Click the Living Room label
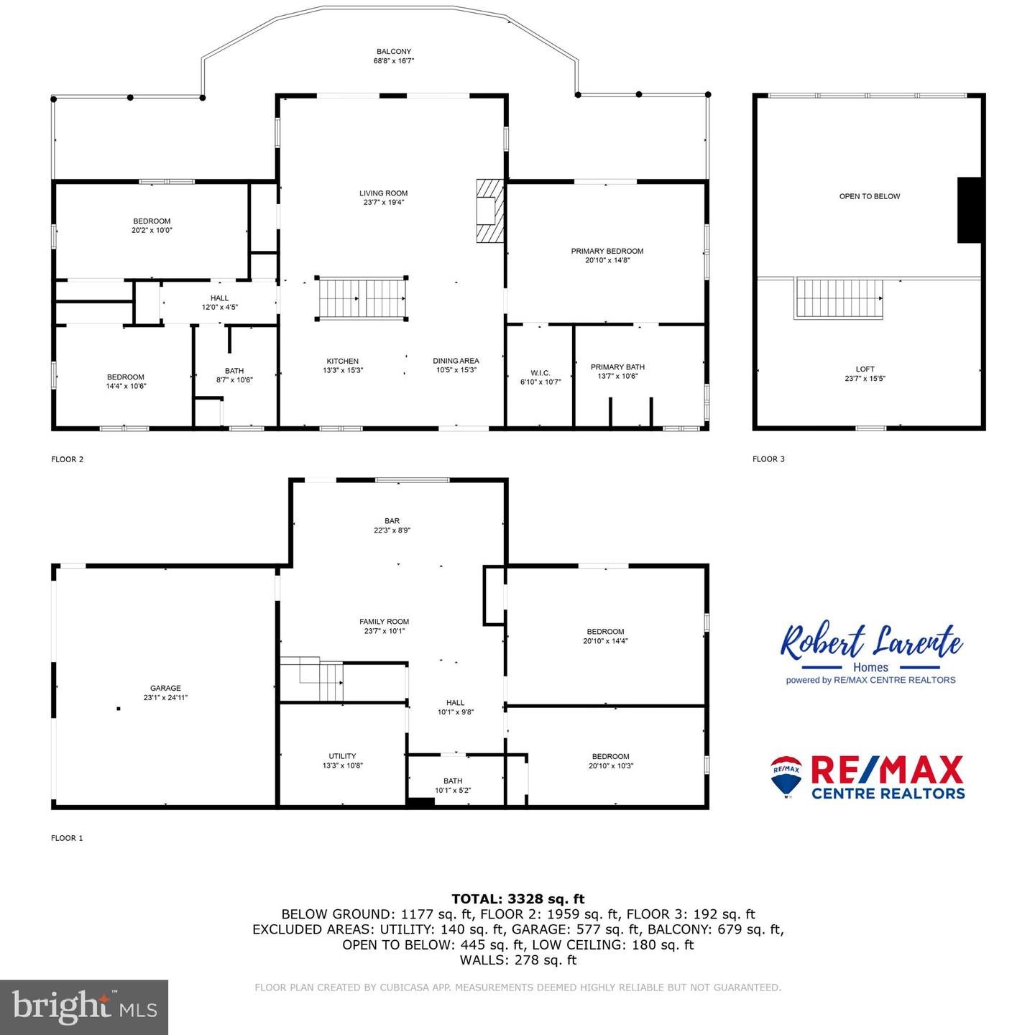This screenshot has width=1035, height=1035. (x=383, y=193)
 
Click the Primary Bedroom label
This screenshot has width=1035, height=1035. (x=607, y=252)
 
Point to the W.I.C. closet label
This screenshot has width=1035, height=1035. (x=540, y=373)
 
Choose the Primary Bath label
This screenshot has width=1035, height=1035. (x=617, y=367)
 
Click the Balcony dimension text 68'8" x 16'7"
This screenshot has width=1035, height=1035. (x=394, y=61)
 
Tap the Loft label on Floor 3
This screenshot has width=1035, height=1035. (x=865, y=369)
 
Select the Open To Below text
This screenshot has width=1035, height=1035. (x=869, y=196)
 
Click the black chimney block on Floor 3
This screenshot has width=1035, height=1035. (x=969, y=210)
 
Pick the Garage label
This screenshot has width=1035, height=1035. (x=165, y=688)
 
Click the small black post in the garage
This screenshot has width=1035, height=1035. (x=119, y=709)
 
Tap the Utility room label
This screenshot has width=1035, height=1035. (x=342, y=756)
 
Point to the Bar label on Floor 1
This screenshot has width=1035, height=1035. (x=392, y=521)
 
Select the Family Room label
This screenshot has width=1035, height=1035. (x=384, y=622)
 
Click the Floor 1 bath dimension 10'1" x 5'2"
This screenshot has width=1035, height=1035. (x=453, y=791)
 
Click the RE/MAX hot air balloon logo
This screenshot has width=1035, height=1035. (x=786, y=776)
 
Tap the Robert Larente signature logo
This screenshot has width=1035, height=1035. (x=870, y=642)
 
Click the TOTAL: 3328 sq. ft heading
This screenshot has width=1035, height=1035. (x=517, y=898)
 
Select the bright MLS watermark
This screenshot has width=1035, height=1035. (x=84, y=1007)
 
